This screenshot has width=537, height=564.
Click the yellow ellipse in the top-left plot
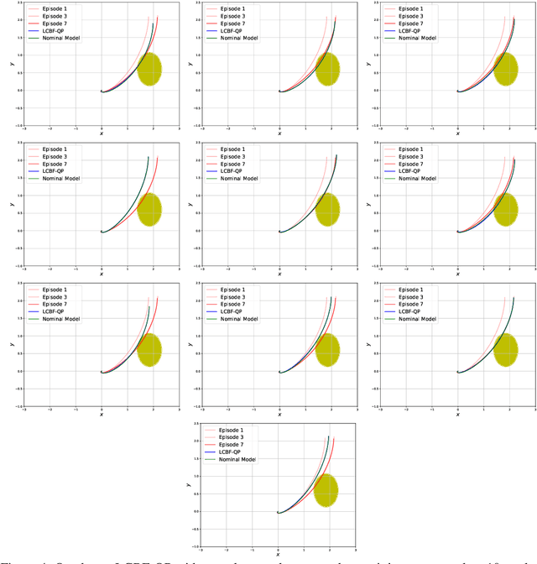149,69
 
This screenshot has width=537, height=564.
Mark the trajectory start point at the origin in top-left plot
102,91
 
